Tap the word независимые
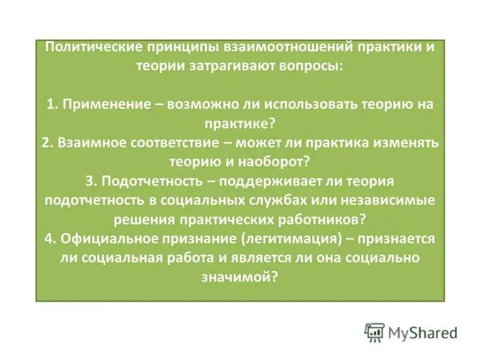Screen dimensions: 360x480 [x=393, y=200]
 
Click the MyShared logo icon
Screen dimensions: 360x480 [x=374, y=332]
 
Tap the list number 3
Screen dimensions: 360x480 [x=89, y=181]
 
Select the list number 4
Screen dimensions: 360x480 [x=48, y=238]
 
